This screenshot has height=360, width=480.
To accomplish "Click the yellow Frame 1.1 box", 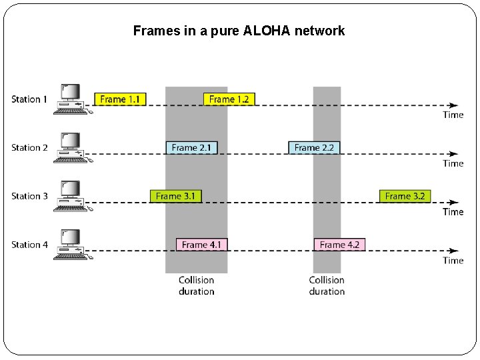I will (120, 99).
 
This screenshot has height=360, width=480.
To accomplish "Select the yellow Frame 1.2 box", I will (229, 99).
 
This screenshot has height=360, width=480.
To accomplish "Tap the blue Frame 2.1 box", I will (192, 147).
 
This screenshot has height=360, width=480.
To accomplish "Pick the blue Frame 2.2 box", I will (314, 147).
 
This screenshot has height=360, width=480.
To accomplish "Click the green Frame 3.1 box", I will (176, 196).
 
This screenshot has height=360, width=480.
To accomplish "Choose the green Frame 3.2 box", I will (405, 196).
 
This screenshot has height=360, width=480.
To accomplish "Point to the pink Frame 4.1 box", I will (201, 245).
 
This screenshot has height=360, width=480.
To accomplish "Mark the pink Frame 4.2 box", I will (339, 245).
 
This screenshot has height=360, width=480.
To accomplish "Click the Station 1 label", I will (29, 99).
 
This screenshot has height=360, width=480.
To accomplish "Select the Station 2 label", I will (29, 147).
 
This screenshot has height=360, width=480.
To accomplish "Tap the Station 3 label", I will (29, 196).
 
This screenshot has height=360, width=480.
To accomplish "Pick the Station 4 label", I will (29, 245).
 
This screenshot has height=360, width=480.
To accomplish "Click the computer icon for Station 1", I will (71, 99).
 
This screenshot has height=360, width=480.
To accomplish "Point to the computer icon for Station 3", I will (71, 196).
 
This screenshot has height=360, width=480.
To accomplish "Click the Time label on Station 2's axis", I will (453, 163).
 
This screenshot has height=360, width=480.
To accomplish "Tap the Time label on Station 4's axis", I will (453, 261).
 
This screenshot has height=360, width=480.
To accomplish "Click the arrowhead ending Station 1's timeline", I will (453, 105).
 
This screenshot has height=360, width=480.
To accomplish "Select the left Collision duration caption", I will (196, 285).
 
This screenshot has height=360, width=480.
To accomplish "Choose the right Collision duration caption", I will (327, 285).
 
